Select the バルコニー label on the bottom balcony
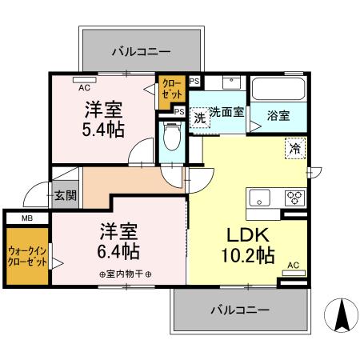240,309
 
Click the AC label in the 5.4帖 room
83,79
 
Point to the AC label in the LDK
293,265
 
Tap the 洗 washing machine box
200,118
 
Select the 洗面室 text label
227,112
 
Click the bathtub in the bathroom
277,87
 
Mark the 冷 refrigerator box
295,147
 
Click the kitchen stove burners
293,198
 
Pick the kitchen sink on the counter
262,198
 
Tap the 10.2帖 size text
249,257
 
